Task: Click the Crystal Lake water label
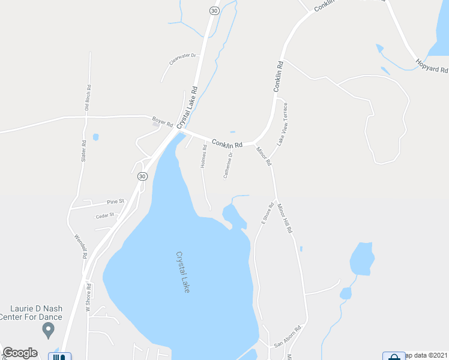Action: (183, 272)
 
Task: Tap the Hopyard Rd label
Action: (432, 65)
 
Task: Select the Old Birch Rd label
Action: (87, 98)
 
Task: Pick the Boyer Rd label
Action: (162, 122)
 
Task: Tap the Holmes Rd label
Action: (204, 155)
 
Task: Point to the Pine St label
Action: (115, 202)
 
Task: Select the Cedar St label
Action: (104, 215)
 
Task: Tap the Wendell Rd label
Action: (81, 246)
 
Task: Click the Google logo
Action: (20, 353)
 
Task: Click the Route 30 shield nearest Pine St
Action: (142, 176)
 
